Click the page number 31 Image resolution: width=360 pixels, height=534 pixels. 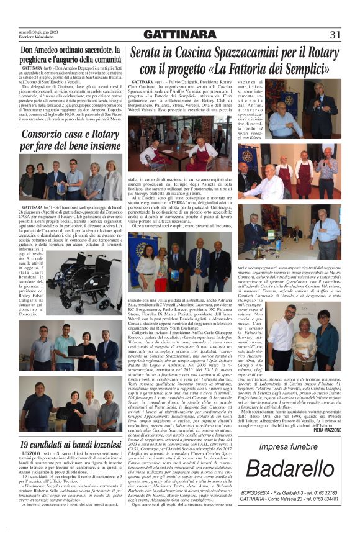[x=335, y=34]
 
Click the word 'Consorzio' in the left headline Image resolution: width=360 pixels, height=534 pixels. [x=46, y=134]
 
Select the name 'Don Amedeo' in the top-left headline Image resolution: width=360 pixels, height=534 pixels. [x=45, y=52]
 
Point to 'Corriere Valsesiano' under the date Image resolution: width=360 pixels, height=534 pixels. [x=37, y=37]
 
